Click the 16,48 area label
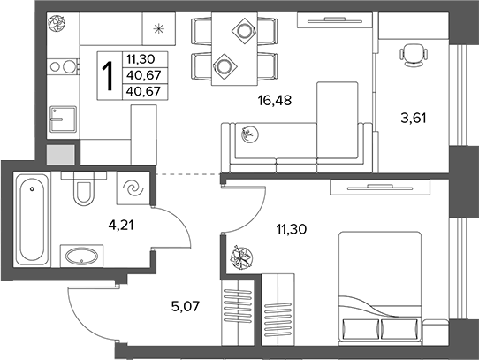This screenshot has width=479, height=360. pyautogui.click(x=275, y=100)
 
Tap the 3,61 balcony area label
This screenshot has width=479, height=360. pyautogui.click(x=414, y=118)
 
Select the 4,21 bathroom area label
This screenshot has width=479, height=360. pyautogui.click(x=121, y=226)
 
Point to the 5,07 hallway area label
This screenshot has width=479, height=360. pyautogui.click(x=186, y=306)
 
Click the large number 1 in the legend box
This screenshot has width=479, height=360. pyautogui.click(x=108, y=76)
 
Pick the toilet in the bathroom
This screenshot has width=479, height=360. pyautogui.click(x=83, y=188)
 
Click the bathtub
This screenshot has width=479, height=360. pyautogui.click(x=32, y=219)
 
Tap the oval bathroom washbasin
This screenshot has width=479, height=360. pyautogui.click(x=82, y=256)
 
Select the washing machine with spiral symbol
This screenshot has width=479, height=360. pyautogui.click(x=133, y=188)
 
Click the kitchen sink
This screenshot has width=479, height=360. pyautogui.click(x=63, y=119)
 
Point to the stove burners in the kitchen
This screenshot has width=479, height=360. pyautogui.click(x=64, y=66)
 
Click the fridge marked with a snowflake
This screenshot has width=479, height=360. pyautogui.click(x=159, y=29)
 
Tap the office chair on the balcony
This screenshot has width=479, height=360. pyautogui.click(x=413, y=55)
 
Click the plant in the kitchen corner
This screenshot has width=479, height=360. pyautogui.click(x=57, y=23)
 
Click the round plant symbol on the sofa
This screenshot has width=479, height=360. pyautogui.click(x=249, y=134)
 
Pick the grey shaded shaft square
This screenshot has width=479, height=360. pyautogui.click(x=60, y=155)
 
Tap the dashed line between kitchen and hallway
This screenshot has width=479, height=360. pyautogui.click(x=188, y=174)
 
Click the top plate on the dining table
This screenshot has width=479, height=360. pyautogui.click(x=243, y=31)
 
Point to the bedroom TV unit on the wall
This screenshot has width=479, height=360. pyautogui.click(x=380, y=188)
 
